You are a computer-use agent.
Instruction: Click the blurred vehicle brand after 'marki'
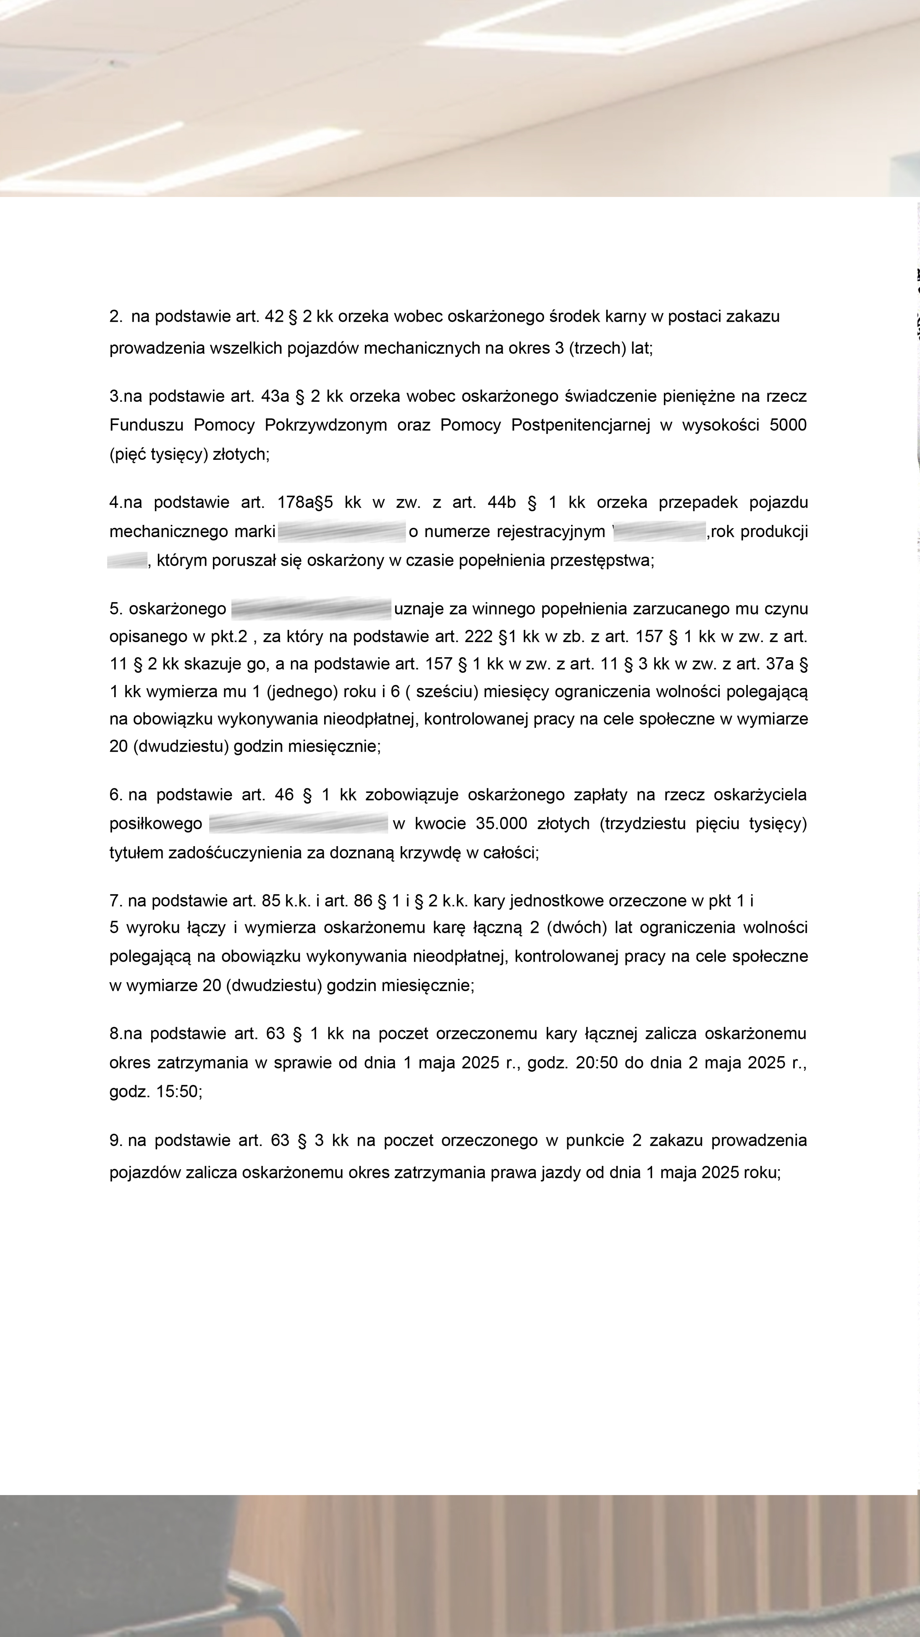coord(342,531)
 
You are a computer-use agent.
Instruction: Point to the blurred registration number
coord(660,531)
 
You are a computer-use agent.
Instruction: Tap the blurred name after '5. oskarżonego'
coord(311,609)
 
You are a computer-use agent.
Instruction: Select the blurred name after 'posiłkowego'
coord(298,824)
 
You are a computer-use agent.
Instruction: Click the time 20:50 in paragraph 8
coord(597,1062)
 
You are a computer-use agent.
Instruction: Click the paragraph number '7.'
coord(115,900)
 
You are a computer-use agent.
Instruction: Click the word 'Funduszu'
coord(146,425)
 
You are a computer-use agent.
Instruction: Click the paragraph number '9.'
coord(115,1141)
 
